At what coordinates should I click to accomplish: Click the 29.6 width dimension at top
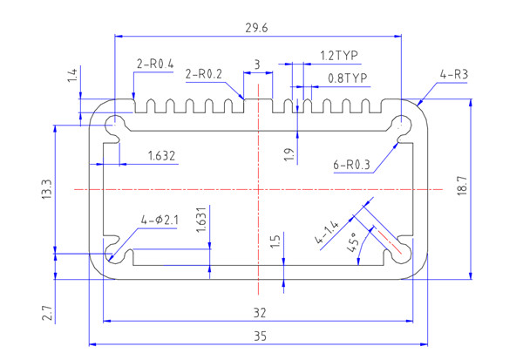tap(258, 29)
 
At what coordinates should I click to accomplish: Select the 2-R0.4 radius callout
tap(154, 64)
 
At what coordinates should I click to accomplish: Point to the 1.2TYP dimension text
tap(340, 56)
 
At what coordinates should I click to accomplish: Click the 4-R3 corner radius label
tap(454, 75)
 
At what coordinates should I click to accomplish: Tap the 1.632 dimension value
tap(162, 157)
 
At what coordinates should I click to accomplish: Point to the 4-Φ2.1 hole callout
tap(159, 220)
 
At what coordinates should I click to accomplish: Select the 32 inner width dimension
tap(258, 311)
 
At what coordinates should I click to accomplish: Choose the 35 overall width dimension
tap(258, 336)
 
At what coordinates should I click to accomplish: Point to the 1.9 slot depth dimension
tap(289, 153)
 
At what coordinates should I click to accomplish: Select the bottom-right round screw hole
tap(402, 253)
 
